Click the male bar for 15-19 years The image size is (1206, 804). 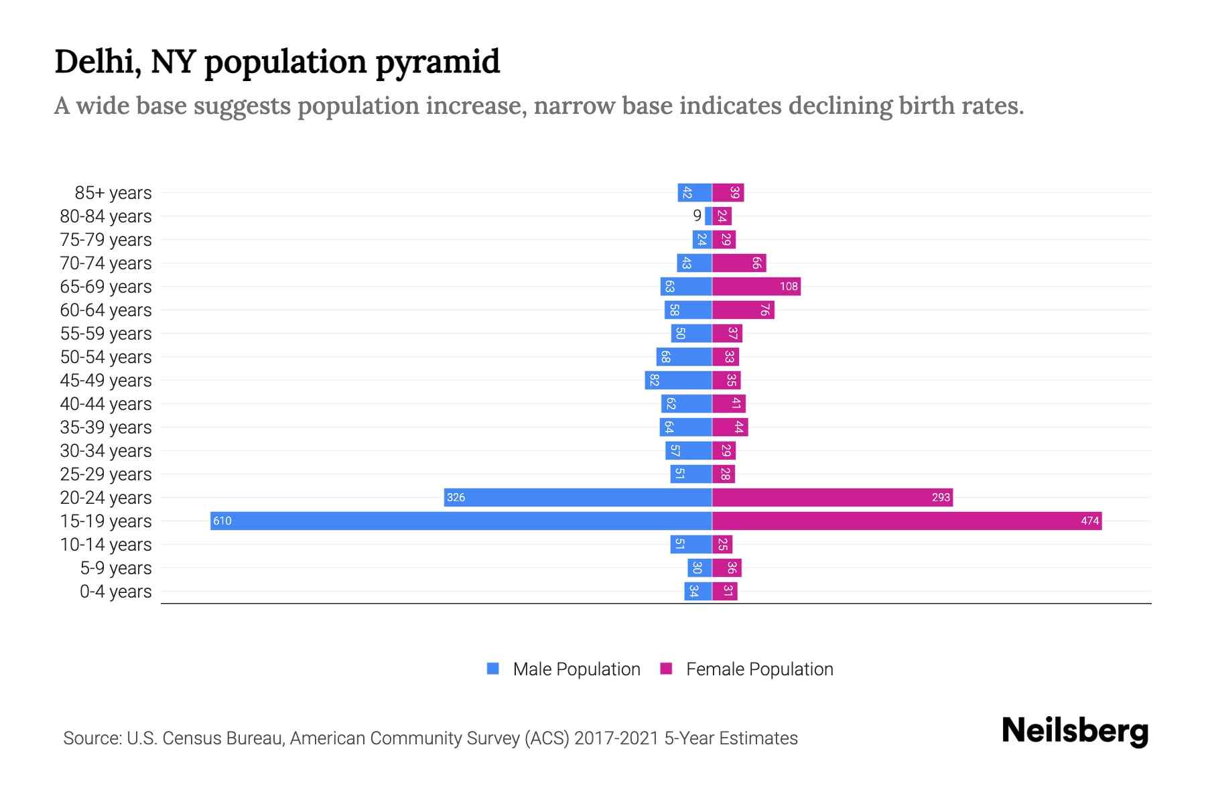click(461, 521)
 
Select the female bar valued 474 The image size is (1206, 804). click(907, 521)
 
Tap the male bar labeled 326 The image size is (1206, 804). click(578, 498)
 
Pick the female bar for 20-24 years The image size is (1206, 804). click(832, 498)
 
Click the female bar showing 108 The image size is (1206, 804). click(756, 287)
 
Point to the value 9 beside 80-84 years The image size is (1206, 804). click(697, 216)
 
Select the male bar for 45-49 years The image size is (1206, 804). click(678, 381)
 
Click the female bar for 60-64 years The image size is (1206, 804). click(743, 310)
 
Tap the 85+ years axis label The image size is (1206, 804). click(113, 193)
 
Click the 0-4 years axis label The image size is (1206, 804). click(115, 592)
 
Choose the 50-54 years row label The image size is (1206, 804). click(106, 357)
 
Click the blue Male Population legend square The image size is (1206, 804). click(493, 669)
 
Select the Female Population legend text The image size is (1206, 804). click(759, 669)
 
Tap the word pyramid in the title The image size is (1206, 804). click(438, 62)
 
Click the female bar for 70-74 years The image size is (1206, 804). click(738, 263)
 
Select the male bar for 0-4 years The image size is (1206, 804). click(697, 592)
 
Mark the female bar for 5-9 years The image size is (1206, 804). click(726, 568)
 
